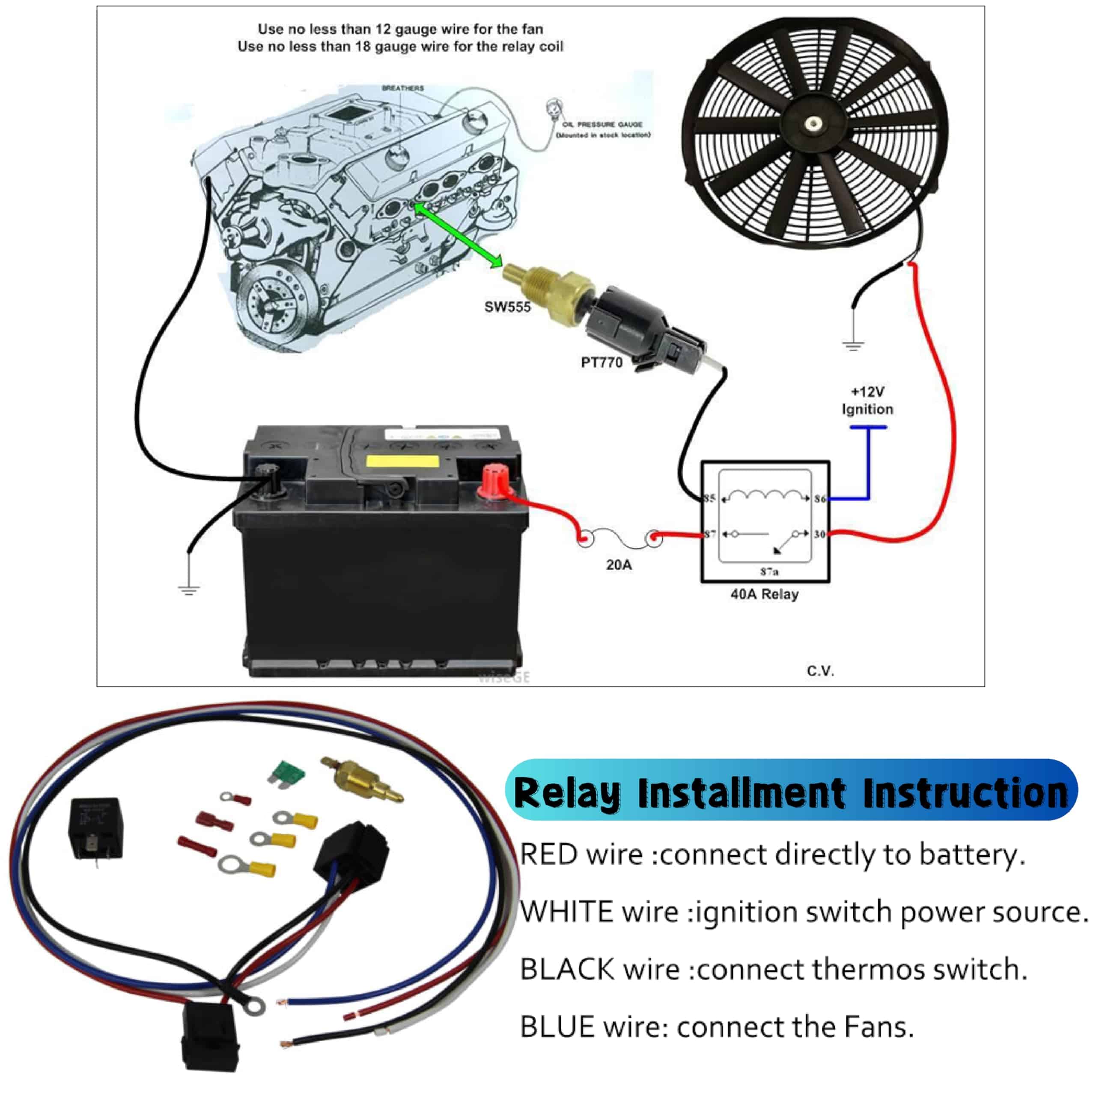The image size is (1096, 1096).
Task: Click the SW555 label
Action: (x=507, y=307)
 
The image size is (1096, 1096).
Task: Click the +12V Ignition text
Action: (x=867, y=400)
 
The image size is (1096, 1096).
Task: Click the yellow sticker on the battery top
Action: (x=403, y=461)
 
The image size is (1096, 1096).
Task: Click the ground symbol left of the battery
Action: (x=188, y=590)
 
